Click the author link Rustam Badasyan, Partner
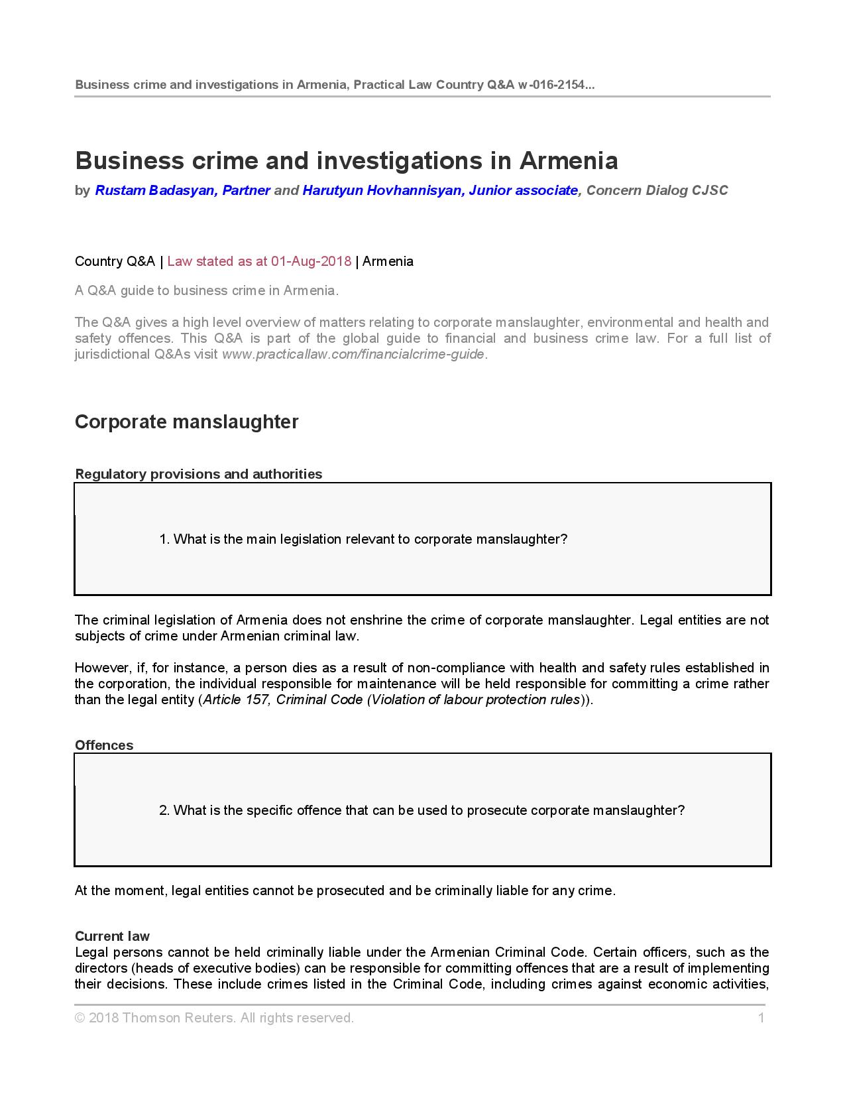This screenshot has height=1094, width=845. tap(182, 191)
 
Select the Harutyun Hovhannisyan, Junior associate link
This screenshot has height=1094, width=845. tap(440, 191)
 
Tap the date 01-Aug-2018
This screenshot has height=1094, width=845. tap(311, 261)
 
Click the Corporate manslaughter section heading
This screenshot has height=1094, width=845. tap(187, 422)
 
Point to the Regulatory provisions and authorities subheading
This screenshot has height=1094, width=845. tap(199, 474)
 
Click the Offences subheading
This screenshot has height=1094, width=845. tap(104, 745)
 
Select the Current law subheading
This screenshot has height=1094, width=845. tap(112, 936)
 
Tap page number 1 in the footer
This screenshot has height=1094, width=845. tap(761, 1018)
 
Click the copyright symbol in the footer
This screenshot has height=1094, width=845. tap(80, 1018)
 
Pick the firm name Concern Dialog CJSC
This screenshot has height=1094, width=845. tap(657, 191)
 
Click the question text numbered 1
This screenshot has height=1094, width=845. tap(363, 539)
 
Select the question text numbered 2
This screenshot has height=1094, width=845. tap(422, 810)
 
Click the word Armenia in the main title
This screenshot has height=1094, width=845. tap(569, 161)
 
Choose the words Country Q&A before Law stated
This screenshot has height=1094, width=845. tap(115, 261)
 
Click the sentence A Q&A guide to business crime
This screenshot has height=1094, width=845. tap(207, 290)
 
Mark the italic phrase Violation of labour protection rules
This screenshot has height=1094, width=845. tap(475, 699)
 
